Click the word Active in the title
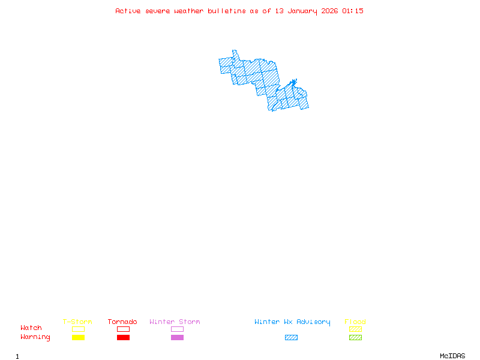128,11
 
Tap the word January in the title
302,11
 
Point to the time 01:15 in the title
353,11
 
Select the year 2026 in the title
329,11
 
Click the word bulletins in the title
227,11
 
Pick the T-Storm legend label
77,322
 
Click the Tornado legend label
122,322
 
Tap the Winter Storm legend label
175,322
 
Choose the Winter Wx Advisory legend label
292,322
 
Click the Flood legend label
355,322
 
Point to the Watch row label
31,328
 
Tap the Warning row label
35,337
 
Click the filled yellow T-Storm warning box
78,338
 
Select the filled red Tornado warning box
123,338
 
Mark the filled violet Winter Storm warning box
177,338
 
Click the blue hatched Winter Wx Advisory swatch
291,338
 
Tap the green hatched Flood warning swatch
355,338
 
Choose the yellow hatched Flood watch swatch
355,329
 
